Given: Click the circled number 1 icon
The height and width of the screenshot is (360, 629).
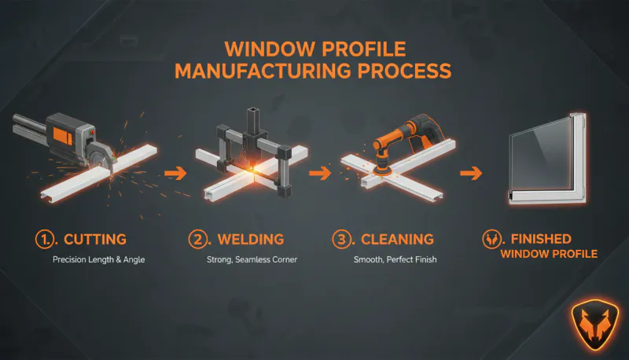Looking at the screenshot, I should [x=44, y=237].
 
